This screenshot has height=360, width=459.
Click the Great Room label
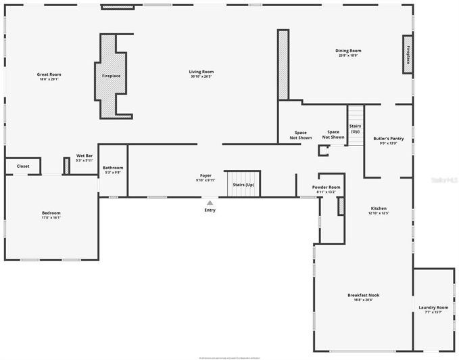49,76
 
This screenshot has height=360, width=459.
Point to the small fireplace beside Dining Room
408,53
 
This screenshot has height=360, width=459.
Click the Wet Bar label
84,158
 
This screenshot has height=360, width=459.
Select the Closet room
23,166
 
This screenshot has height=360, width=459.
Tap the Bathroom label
113,170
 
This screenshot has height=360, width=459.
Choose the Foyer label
206,178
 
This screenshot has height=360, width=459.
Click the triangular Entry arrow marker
210,202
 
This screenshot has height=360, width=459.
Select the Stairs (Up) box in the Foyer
243,184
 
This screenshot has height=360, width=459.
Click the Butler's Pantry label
388,141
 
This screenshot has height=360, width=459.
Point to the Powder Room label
326,189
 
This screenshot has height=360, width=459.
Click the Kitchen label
379,210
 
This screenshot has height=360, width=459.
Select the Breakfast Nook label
363,297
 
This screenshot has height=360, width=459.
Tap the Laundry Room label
433,309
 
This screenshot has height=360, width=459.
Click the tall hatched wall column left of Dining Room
283,65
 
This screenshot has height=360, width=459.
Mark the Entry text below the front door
210,210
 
